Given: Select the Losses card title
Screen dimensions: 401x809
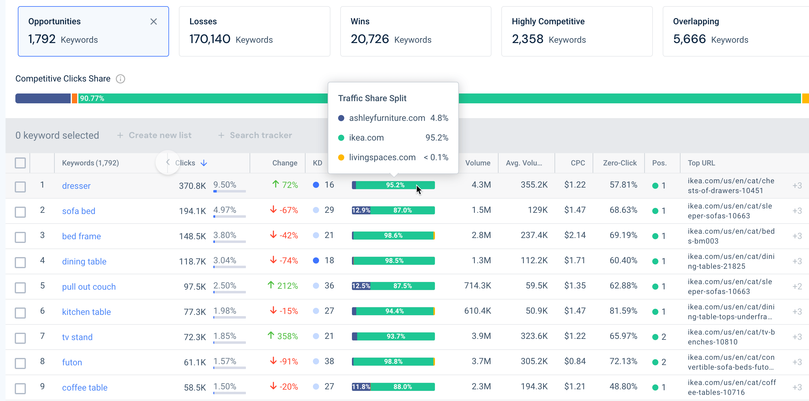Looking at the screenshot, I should (x=203, y=21).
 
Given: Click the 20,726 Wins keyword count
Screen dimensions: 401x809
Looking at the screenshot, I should (x=369, y=39).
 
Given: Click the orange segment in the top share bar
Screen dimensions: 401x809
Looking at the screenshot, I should (x=74, y=98).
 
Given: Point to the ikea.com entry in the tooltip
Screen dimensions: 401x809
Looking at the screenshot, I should (x=366, y=138).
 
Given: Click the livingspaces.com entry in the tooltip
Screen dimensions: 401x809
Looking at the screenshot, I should (x=382, y=157).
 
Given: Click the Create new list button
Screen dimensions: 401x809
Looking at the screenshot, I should (x=154, y=135).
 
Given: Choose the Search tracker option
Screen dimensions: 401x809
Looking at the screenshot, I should (x=255, y=135).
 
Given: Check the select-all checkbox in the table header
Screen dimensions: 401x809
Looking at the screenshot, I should (x=20, y=163).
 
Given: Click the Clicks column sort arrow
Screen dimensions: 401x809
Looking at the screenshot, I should (x=204, y=163).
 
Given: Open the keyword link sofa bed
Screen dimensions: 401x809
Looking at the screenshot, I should (x=78, y=211).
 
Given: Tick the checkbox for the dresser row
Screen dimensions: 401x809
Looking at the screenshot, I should (x=20, y=187).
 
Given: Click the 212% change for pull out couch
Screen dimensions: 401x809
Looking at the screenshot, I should (x=283, y=286).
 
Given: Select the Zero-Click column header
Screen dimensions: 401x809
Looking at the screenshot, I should (x=619, y=163).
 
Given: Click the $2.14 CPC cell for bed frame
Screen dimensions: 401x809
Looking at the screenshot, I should (x=575, y=235).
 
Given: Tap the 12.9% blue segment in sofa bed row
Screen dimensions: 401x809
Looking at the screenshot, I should (x=361, y=210).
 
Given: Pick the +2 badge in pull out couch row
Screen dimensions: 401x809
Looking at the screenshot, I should (x=797, y=286).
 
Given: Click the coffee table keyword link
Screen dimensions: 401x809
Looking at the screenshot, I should (x=85, y=387).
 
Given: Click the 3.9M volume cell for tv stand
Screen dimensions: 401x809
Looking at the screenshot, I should (x=481, y=336).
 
